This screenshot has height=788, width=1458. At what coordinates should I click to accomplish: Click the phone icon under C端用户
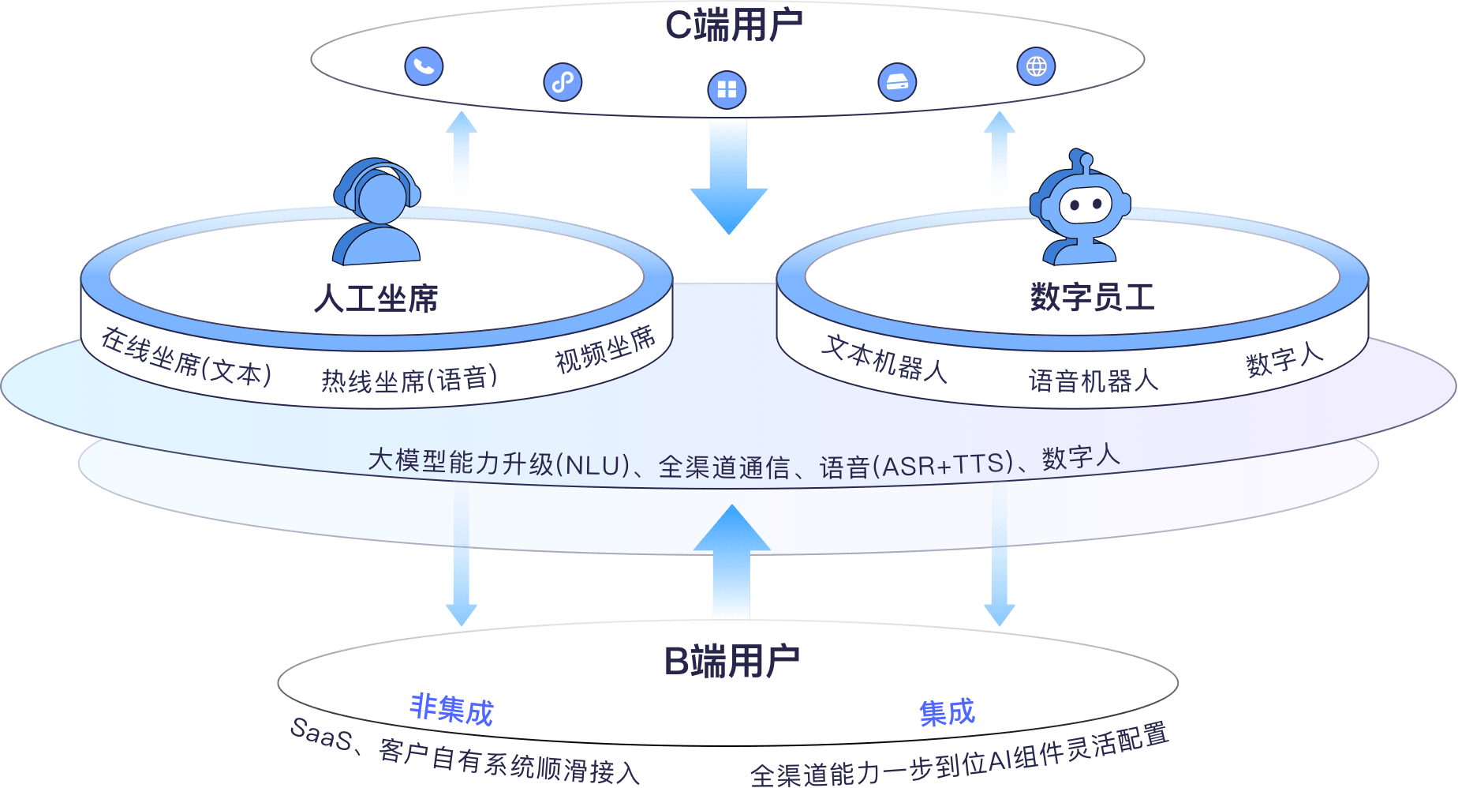[424, 66]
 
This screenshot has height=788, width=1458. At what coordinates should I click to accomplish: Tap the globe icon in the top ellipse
[1036, 66]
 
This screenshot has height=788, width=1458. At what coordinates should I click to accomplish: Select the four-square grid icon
[727, 89]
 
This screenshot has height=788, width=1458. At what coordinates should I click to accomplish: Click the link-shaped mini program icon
[563, 82]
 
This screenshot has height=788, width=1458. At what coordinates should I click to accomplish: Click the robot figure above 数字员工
[1080, 208]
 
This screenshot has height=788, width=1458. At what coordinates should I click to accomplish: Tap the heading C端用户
[733, 25]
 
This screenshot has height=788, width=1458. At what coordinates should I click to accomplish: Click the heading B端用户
[731, 661]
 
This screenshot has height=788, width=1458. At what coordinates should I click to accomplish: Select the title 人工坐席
[376, 299]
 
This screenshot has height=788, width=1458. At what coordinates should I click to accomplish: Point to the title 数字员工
[1092, 298]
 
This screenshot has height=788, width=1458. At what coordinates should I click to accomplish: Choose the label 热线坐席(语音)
[409, 380]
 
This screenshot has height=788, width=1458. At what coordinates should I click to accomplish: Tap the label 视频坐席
[605, 349]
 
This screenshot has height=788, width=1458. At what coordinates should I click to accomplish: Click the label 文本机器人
[884, 359]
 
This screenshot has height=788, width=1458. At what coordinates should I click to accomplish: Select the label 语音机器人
[1093, 381]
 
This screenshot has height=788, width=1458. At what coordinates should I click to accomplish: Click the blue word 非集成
[451, 710]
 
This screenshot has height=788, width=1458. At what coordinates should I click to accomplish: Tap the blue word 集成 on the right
[947, 713]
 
